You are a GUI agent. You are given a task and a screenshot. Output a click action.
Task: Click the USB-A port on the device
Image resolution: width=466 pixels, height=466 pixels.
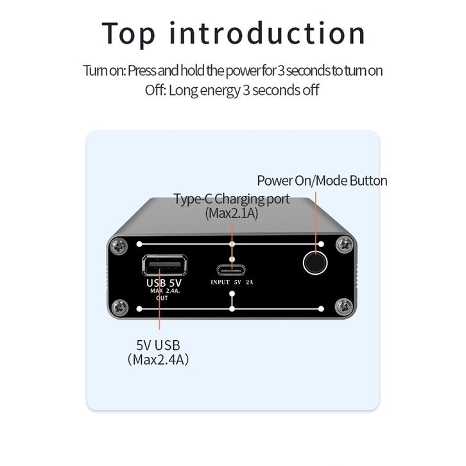pyautogui.click(x=165, y=265)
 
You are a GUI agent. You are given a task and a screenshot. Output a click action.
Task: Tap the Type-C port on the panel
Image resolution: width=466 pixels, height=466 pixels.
pyautogui.click(x=231, y=270)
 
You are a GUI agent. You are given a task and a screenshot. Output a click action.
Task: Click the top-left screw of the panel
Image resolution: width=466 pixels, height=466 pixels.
pyautogui.click(x=119, y=246)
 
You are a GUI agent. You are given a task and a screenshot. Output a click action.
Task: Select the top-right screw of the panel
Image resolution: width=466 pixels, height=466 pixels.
pyautogui.click(x=345, y=245)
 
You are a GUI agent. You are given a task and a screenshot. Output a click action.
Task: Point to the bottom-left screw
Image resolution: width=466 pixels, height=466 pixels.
pyautogui.click(x=119, y=307)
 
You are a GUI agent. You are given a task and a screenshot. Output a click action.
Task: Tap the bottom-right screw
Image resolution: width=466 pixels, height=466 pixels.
pyautogui.click(x=344, y=306)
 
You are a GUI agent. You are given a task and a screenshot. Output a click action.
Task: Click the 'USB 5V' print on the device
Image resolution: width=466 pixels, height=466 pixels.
pyautogui.click(x=164, y=282)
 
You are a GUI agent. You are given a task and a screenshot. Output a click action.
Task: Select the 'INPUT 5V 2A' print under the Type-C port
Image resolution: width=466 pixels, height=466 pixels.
pyautogui.click(x=232, y=282)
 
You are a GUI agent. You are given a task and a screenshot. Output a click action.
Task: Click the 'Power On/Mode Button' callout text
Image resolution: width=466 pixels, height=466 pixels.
pyautogui.click(x=322, y=181)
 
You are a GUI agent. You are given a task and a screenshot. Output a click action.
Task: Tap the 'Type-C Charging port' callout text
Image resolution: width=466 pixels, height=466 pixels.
pyautogui.click(x=232, y=199)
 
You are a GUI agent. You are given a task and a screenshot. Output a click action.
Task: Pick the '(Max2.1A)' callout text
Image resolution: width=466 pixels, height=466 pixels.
pyautogui.click(x=232, y=213)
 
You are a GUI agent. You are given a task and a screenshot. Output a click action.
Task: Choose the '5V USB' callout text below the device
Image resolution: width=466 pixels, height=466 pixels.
pyautogui.click(x=158, y=345)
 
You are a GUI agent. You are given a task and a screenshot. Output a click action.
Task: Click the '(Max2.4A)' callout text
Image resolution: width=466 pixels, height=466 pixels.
pyautogui.click(x=158, y=359)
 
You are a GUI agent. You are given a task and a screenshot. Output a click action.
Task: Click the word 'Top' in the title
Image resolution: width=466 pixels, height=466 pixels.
pyautogui.click(x=128, y=34)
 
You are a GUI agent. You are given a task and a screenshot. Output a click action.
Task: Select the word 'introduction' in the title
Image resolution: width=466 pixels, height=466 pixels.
pyautogui.click(x=267, y=33)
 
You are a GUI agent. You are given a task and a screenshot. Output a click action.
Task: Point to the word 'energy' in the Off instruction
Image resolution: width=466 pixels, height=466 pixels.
pyautogui.click(x=220, y=91)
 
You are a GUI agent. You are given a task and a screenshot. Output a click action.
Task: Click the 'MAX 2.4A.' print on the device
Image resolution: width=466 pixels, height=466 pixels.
pyautogui.click(x=165, y=291)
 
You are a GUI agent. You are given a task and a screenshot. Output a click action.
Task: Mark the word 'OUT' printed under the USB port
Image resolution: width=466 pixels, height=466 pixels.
pyautogui.click(x=162, y=298)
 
